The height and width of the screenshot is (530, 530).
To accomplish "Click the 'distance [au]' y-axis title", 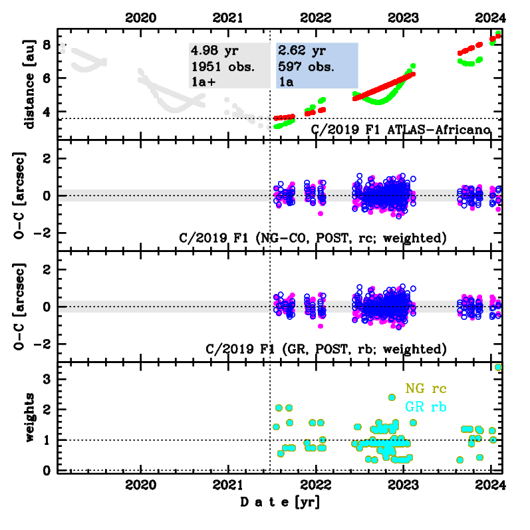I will coord(29,82).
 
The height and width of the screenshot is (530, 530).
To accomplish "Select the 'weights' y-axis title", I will coord(29,418).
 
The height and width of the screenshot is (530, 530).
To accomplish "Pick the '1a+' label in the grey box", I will coord(203,81).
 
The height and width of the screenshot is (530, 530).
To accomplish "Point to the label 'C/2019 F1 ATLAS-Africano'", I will coord(401,129).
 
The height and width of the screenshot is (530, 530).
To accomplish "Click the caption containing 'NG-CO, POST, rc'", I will coord(313,237).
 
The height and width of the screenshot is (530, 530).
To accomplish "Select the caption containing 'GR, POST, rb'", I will coord(326,348).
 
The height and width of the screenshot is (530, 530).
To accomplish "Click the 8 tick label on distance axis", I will coord(47,45).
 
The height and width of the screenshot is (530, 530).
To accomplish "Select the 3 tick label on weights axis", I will coord(47,379).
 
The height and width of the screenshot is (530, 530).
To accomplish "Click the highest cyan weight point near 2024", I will coord(499,367).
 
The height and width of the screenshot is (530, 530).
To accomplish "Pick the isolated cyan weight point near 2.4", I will coord(392,398).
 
